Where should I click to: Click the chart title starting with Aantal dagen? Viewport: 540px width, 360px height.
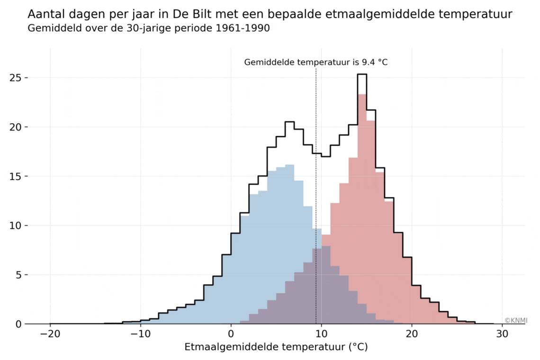coord(270,14)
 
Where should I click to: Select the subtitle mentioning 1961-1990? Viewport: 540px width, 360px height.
coord(149,28)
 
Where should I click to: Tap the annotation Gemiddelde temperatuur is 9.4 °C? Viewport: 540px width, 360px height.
coord(315,62)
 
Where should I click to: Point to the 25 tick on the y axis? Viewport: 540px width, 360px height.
coord(16,78)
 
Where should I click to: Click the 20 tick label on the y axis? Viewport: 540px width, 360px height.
coord(16,127)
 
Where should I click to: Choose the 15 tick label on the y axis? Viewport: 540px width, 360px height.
coord(16,176)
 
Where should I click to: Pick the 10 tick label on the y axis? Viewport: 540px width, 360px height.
coord(16,225)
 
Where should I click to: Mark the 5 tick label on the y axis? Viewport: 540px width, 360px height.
coord(18,275)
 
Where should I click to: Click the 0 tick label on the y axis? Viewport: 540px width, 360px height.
coord(18,324)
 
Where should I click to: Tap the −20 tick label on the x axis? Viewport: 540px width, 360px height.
coord(50,333)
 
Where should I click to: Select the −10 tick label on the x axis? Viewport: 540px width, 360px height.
coord(140,333)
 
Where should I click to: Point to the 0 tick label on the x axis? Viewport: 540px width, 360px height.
coord(231,333)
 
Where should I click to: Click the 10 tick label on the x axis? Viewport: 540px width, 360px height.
coord(322,333)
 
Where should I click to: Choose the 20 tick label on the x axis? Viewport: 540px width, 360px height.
coord(412,333)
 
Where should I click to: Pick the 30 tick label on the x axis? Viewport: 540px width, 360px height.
coord(503,333)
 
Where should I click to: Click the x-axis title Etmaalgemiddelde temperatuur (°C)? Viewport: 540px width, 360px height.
coord(276,347)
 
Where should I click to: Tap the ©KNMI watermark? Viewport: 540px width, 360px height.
coord(515,321)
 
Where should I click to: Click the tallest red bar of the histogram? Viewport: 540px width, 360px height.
coord(362,208)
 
